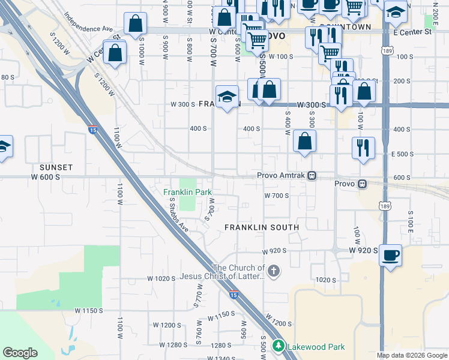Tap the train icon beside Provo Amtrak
coord(312,175)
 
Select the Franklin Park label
coord(188,192)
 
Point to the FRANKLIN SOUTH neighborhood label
coord(262,227)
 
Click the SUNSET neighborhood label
coord(56,167)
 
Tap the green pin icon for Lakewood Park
coord(278,346)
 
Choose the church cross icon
coord(274,271)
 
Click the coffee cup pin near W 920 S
coord(390,254)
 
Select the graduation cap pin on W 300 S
coord(227,97)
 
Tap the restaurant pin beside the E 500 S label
coord(363,147)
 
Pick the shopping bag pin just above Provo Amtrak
coord(305,142)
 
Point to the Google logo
coord(20,353)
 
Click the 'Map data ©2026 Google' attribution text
coord(412,355)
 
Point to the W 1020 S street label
coord(161,278)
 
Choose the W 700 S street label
coord(277,196)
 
